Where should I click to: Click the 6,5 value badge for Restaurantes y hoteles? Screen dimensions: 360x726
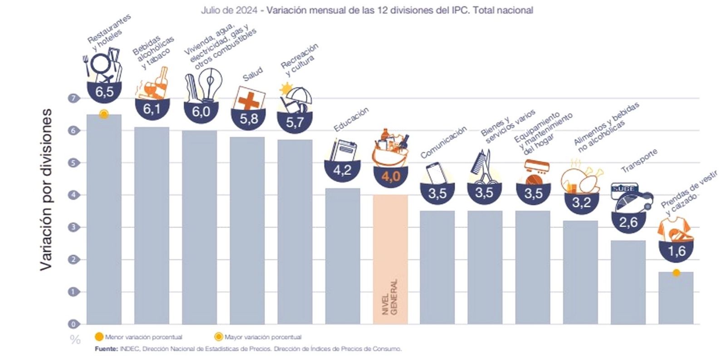(104, 92)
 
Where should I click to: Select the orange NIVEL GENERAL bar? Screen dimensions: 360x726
(390, 259)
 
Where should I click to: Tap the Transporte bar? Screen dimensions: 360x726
(628, 281)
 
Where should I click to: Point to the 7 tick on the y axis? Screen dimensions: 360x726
(73, 98)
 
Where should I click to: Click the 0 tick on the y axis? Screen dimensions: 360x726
(73, 324)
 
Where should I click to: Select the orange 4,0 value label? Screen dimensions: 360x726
(390, 176)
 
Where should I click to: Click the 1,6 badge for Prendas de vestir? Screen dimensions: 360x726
(676, 251)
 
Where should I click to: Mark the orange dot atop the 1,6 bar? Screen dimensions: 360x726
(676, 273)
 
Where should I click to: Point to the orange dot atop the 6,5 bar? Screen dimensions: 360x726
(104, 114)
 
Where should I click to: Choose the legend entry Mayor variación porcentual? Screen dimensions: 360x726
(263, 337)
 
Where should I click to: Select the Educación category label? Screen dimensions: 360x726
(351, 120)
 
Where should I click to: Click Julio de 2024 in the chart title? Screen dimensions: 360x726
(229, 10)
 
